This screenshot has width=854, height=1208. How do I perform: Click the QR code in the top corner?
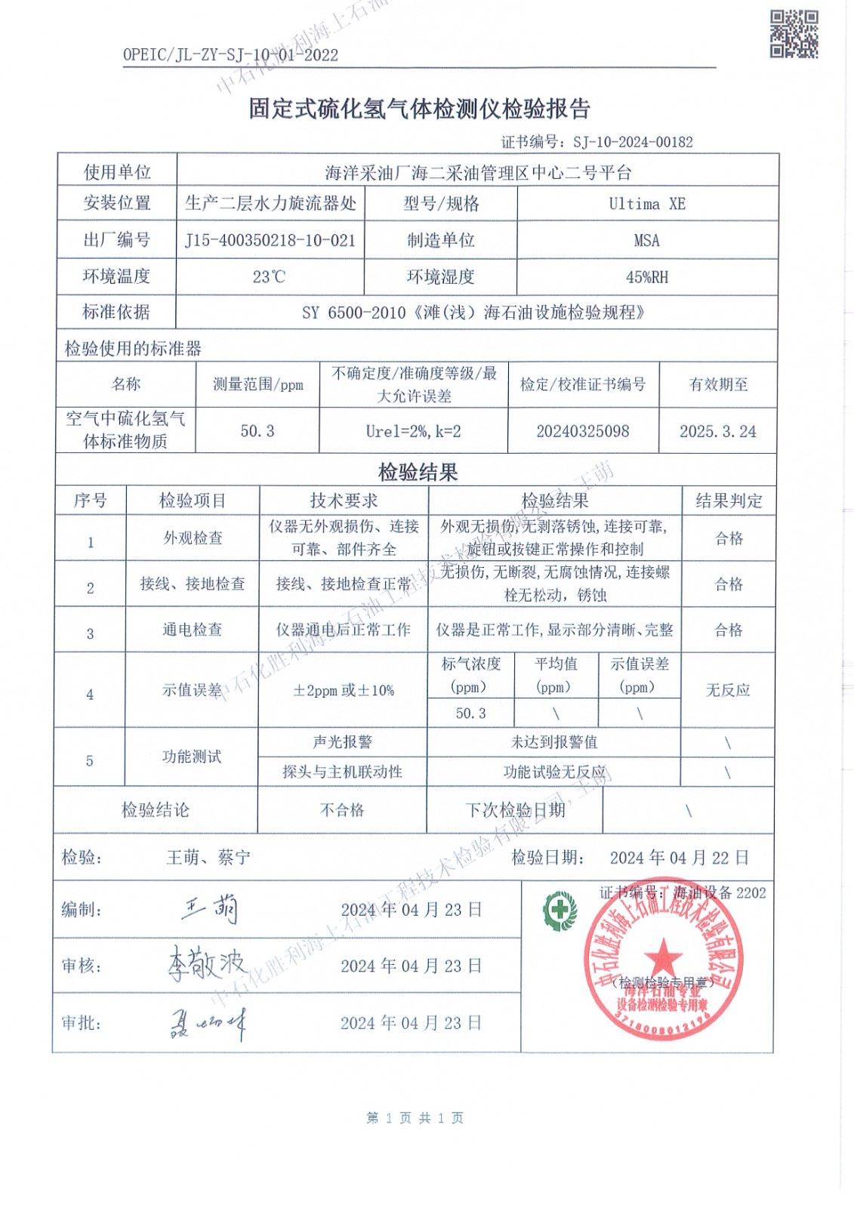click(x=794, y=33)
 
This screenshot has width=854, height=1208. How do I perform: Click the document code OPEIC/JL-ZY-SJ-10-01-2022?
click(x=230, y=55)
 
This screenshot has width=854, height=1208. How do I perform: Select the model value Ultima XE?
click(x=647, y=204)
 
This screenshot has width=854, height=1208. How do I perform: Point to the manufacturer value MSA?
click(x=647, y=241)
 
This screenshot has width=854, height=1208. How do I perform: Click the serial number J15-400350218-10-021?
click(x=270, y=241)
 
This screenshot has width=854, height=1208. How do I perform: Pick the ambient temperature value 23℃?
click(x=270, y=277)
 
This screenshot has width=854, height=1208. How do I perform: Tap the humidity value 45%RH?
click(x=647, y=277)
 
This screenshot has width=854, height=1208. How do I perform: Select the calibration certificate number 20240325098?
click(x=583, y=431)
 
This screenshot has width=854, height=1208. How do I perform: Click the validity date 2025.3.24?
click(x=717, y=431)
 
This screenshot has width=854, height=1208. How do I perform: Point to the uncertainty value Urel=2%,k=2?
click(x=413, y=431)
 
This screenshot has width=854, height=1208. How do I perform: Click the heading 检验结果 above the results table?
click(x=418, y=473)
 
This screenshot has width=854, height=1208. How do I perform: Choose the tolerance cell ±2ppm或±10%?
click(x=344, y=690)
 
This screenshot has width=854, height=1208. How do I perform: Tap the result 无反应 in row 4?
click(x=728, y=690)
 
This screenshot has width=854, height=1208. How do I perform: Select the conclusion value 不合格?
click(x=342, y=810)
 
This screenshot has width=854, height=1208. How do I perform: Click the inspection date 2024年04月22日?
click(x=680, y=858)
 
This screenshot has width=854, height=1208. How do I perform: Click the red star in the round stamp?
click(x=662, y=954)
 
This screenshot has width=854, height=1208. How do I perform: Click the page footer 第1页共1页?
click(x=415, y=1118)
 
